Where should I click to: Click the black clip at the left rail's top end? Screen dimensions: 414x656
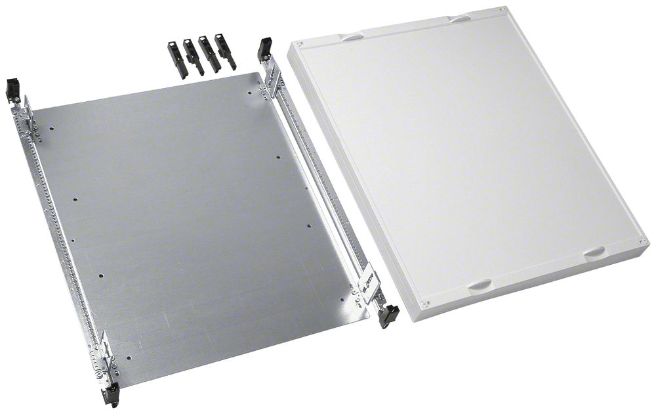coord(13,90)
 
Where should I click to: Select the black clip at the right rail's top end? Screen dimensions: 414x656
coord(264,49)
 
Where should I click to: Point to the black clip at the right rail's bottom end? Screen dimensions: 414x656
coord(388,315)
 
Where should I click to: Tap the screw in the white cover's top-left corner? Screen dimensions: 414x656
coord(299,44)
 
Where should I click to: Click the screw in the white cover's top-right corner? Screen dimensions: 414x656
coord(504,11)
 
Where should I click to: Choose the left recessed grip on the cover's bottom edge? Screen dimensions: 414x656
coord(480,285)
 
